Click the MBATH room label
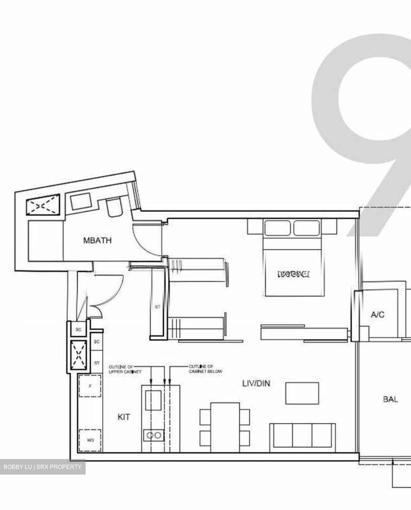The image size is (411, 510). [97, 240]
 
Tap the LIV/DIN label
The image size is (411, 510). [256, 383]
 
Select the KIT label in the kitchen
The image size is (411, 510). [123, 417]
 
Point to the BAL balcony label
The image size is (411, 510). [390, 399]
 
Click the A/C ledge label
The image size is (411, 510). [378, 314]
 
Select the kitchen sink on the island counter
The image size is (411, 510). [154, 400]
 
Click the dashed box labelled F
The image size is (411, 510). [90, 386]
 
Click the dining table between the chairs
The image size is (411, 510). [225, 427]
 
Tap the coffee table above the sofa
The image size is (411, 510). [302, 393]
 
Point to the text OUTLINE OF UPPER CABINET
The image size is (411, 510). [120, 369]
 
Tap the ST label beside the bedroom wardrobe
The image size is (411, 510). [157, 307]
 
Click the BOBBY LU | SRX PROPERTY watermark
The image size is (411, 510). [42, 467]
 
